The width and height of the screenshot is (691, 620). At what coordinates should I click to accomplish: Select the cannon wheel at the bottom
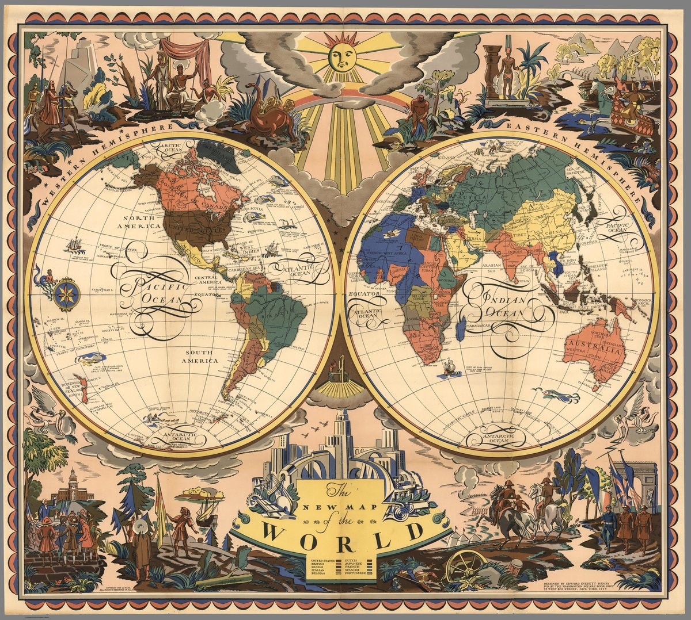click(466, 566)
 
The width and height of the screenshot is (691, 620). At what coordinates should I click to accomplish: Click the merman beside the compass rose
click(45, 278)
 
